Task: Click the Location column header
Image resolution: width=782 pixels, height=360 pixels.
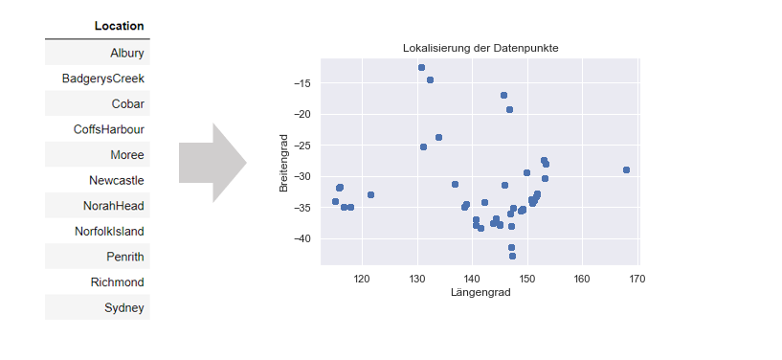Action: (x=119, y=26)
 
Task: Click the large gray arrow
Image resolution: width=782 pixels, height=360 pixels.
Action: (x=212, y=162)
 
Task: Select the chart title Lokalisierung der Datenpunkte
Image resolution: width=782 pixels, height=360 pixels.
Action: (x=480, y=48)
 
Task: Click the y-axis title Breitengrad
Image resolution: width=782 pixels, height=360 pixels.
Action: (x=284, y=164)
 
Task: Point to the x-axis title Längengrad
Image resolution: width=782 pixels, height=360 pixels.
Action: (x=480, y=292)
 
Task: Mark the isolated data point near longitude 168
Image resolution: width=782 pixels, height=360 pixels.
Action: (x=626, y=169)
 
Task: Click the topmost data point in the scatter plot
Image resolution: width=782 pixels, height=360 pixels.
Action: (x=421, y=67)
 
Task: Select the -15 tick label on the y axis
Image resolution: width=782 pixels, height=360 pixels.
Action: (x=302, y=83)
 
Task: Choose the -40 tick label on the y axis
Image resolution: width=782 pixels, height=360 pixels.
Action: (x=302, y=238)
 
